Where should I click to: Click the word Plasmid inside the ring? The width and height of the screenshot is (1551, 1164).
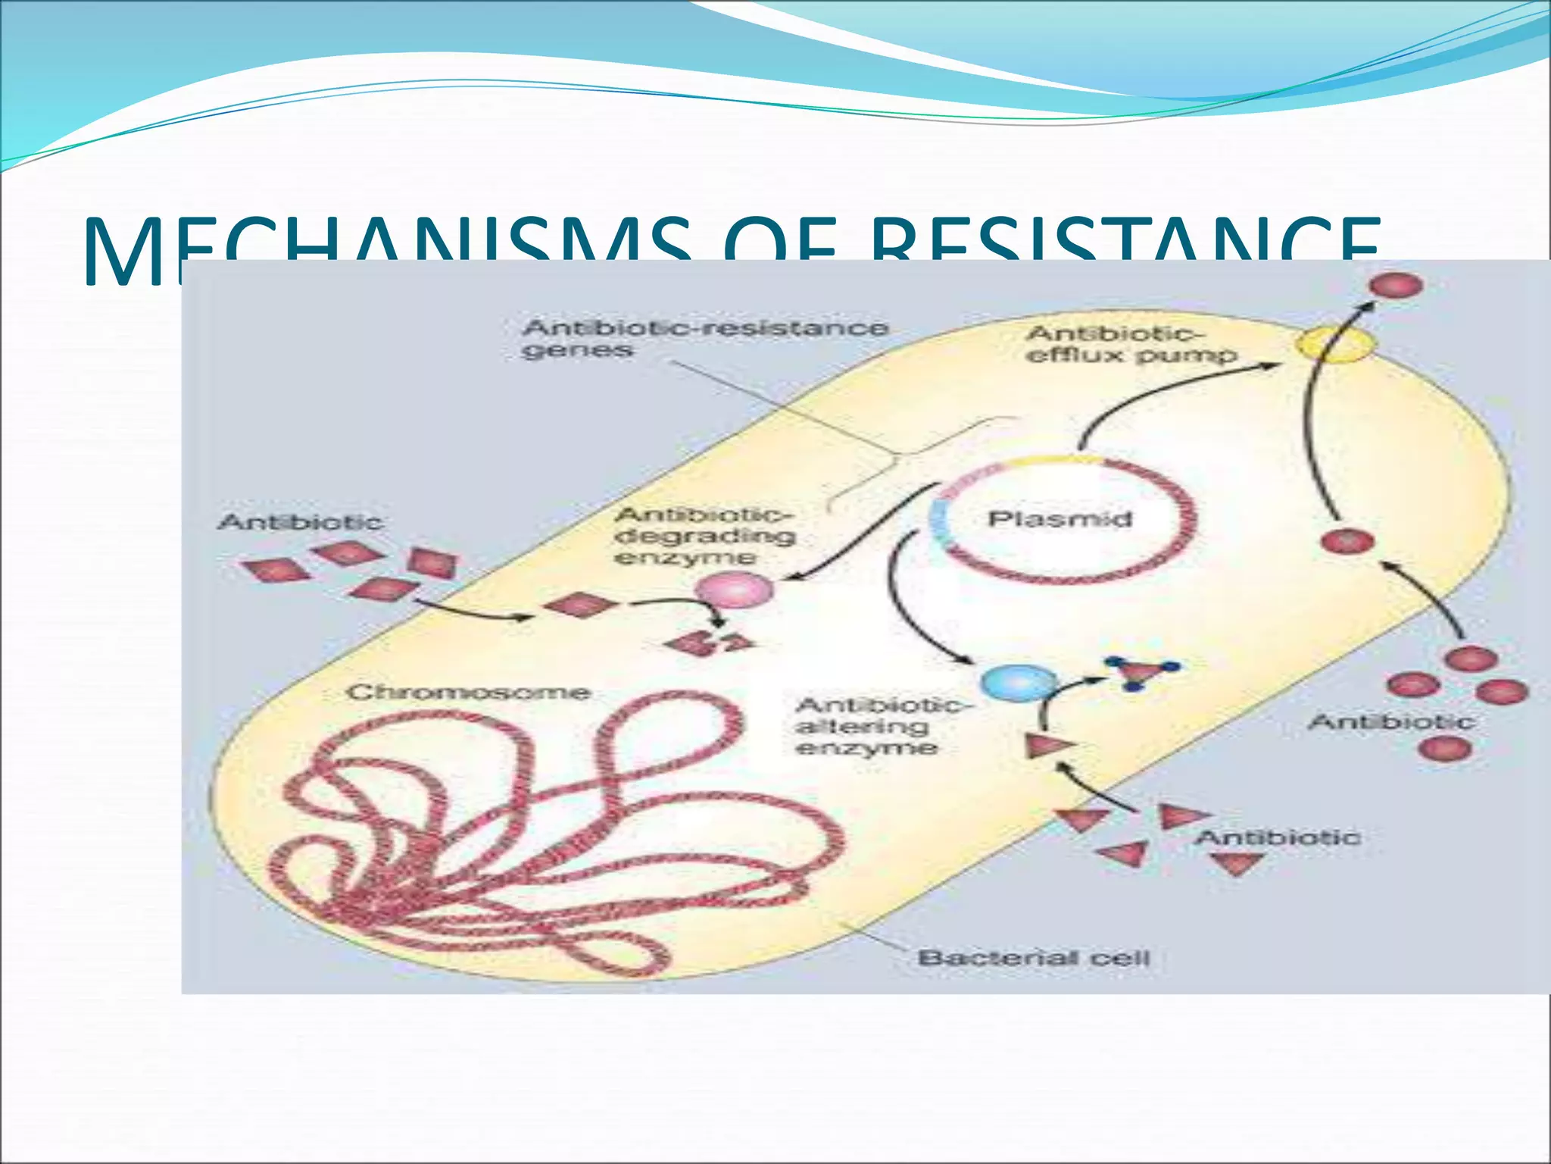coord(1059,519)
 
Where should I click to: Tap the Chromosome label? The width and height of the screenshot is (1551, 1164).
coord(469,692)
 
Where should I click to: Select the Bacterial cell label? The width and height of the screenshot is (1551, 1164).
coord(1034,958)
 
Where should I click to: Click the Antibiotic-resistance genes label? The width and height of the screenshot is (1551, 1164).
coord(704,339)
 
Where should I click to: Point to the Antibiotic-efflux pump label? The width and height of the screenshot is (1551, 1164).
coord(1131,344)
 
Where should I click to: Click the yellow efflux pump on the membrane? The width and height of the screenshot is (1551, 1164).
coord(1334,346)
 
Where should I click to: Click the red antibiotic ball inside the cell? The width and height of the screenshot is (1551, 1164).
coord(1347,541)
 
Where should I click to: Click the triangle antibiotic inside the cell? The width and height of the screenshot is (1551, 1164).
coord(1048,746)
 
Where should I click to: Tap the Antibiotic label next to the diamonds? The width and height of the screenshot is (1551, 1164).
coord(300,522)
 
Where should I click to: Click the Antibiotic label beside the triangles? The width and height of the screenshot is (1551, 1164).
coord(1278,837)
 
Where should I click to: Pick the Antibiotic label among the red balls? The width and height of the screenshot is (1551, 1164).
coord(1391,721)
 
